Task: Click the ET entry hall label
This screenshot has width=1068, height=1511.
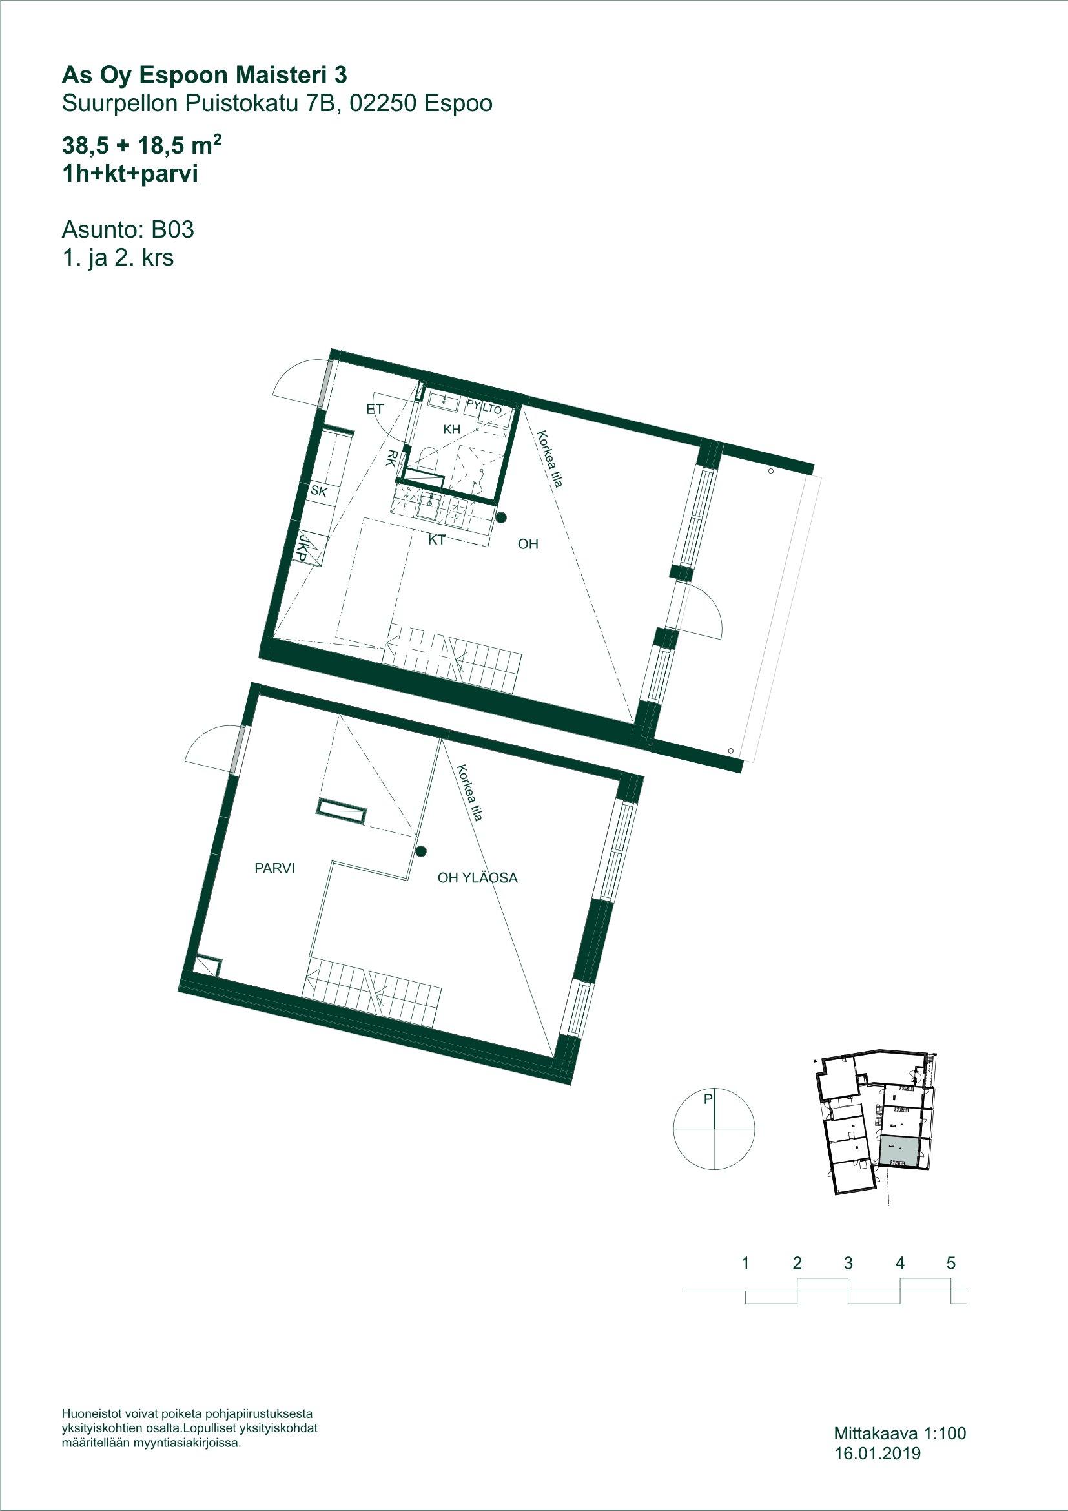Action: point(375,410)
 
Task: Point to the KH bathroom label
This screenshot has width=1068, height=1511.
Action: point(451,430)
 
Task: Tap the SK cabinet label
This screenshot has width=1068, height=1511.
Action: point(319,491)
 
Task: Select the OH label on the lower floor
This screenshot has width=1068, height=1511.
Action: point(528,544)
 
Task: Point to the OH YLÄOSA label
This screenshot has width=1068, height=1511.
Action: point(478,877)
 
